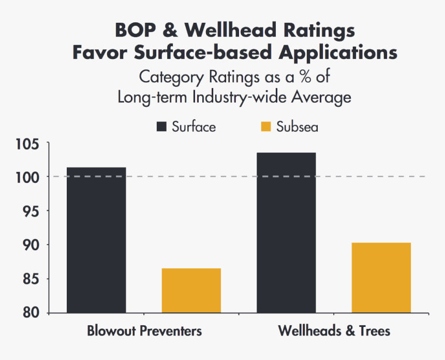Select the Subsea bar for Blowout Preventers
coord(191,291)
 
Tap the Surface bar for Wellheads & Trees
coord(286,233)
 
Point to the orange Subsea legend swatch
coord(266,127)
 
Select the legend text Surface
coord(194,127)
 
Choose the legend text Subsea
coord(297,127)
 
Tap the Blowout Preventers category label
coord(144,330)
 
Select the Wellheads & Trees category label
coord(334,330)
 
